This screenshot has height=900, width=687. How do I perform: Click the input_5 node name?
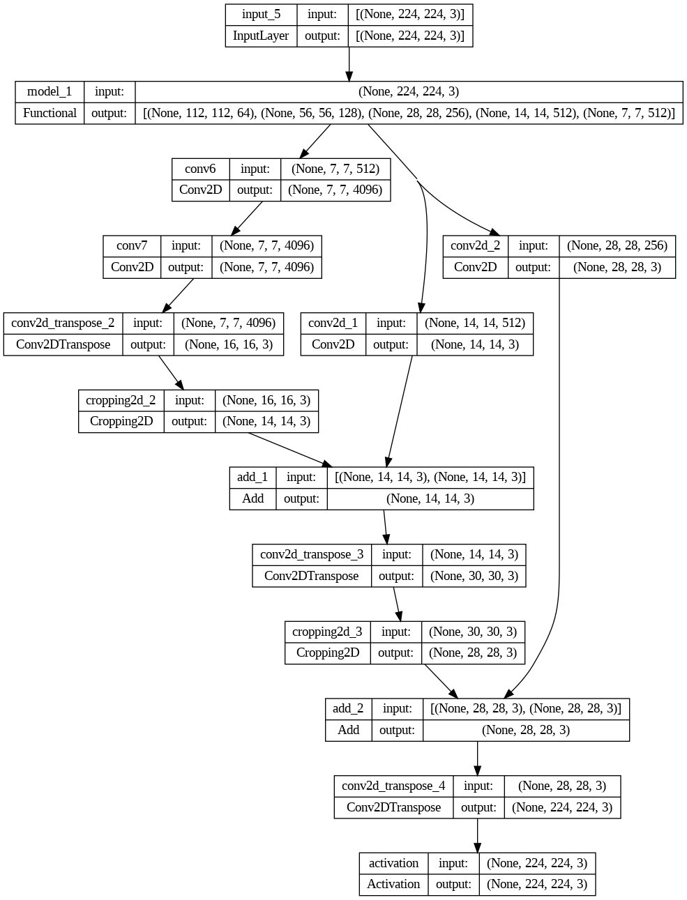261,15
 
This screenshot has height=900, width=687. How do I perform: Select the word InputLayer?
261,36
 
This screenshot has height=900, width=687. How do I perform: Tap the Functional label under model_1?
50,113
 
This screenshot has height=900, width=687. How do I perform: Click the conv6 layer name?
200,169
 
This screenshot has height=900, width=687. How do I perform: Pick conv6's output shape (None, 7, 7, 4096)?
335,190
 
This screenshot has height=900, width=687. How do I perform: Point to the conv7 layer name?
132,245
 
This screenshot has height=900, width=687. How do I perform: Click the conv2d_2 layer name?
475,245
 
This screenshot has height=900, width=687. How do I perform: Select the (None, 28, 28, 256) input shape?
617,245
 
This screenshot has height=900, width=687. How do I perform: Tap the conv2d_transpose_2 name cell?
63,323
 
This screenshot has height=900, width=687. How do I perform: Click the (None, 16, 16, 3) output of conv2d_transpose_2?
228,344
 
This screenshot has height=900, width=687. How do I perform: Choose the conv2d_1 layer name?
333,323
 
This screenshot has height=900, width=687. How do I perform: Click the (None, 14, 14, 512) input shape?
474,323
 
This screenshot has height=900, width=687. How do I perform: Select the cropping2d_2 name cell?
121,400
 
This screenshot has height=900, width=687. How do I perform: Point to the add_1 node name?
252,477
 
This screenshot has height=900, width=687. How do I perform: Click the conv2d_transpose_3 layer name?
312,554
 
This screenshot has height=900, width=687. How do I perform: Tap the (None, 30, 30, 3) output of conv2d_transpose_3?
474,576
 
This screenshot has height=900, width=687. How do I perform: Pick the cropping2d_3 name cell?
327,632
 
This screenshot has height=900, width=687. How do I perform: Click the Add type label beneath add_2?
348,730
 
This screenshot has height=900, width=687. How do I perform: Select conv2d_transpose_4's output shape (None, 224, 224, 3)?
561,807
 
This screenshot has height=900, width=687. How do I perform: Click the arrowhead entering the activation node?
478,847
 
